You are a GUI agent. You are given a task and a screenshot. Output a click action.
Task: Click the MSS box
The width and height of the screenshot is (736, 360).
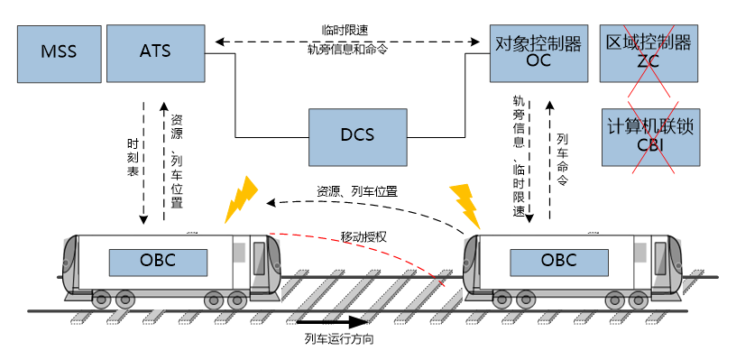pos(59,51)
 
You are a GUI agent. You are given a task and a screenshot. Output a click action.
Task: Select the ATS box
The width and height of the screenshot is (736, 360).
pos(149,51)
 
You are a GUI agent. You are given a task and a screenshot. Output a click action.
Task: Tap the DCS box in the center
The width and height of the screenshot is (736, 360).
pos(356,135)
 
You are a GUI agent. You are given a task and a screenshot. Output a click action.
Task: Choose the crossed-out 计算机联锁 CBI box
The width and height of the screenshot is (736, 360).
pos(650,136)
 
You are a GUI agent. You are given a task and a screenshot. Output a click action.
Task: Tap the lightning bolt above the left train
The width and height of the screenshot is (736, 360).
pos(241,200)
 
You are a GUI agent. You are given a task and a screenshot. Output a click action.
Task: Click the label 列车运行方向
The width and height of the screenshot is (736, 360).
pos(339,340)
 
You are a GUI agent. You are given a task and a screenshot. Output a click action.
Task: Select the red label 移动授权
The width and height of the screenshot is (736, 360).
pos(363,236)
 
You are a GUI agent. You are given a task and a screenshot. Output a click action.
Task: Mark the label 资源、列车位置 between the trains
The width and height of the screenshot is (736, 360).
pos(357,191)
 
